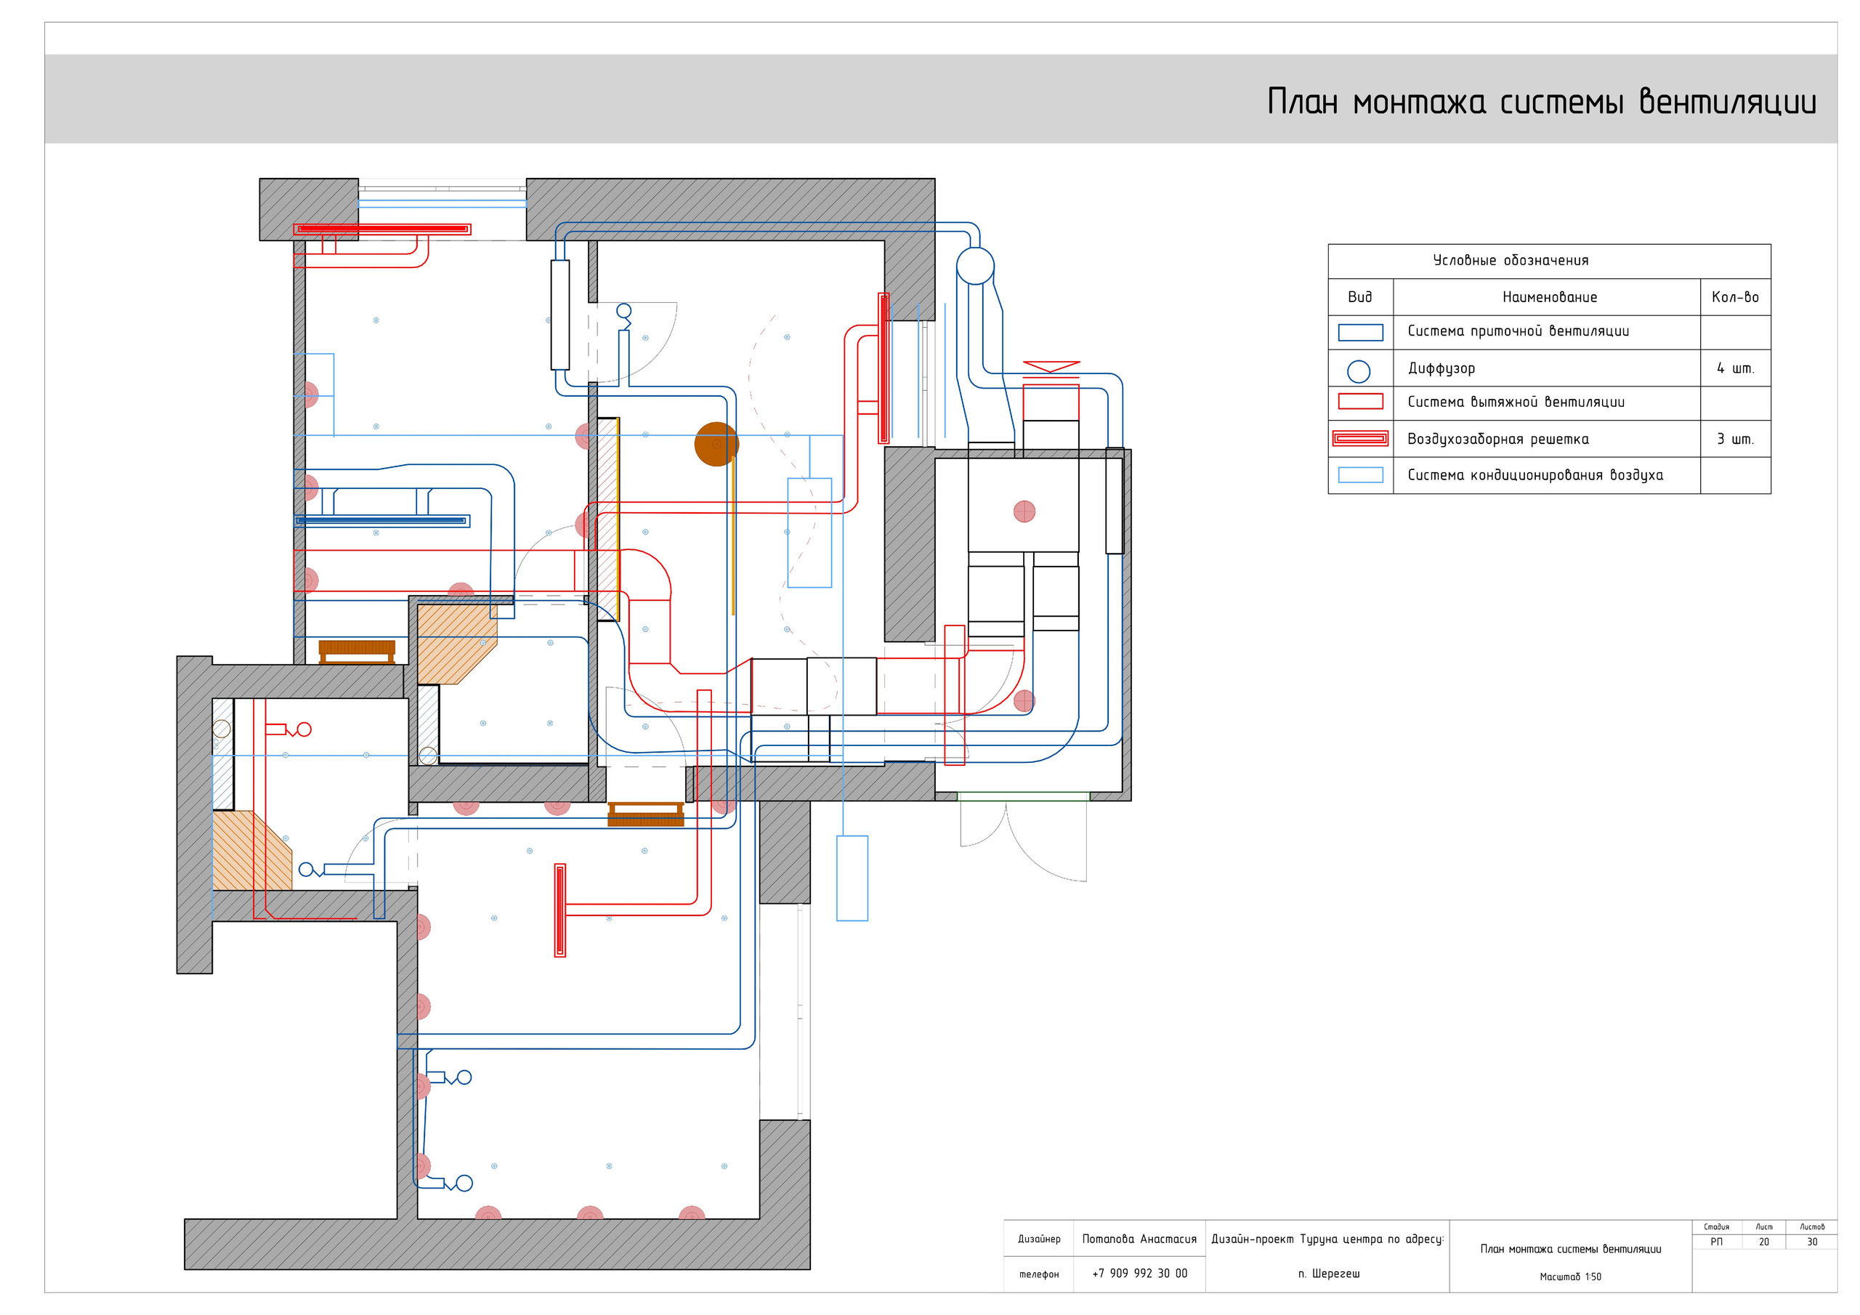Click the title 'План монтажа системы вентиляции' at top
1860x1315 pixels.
click(1542, 103)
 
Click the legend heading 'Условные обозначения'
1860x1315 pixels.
click(1511, 260)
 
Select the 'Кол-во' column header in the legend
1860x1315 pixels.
click(1735, 297)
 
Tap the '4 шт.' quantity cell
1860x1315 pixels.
click(1735, 368)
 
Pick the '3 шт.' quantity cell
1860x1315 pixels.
click(1735, 439)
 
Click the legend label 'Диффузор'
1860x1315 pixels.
click(1441, 368)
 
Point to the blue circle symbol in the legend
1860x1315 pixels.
click(1359, 371)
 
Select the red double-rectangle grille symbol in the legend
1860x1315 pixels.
click(1360, 439)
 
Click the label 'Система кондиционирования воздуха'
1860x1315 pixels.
click(1535, 475)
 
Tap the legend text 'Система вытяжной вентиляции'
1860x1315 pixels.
click(1516, 402)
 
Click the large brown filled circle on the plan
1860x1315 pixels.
click(716, 444)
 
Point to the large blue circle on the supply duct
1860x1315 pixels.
click(974, 266)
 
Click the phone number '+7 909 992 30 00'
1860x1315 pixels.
click(1139, 1273)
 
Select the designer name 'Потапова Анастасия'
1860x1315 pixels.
click(1139, 1239)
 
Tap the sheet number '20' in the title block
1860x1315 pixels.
click(1763, 1242)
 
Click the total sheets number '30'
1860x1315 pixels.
click(1812, 1242)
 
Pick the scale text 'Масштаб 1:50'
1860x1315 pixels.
click(1570, 1277)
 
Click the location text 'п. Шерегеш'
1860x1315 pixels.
click(1329, 1274)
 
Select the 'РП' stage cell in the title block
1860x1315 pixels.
click(1717, 1242)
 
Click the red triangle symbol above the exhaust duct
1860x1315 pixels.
click(1051, 367)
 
